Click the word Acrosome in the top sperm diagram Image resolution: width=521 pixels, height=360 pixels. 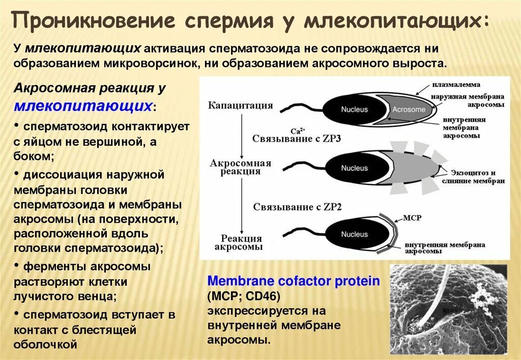coord(408,109)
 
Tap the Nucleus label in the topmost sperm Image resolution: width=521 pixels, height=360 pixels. coord(354,109)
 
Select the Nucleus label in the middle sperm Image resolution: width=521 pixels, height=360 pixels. coord(354,168)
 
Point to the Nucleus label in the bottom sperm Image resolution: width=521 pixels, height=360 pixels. coord(354,234)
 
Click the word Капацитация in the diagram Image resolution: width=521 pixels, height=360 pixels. coord(240,106)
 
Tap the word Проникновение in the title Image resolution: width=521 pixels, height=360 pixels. coord(94,22)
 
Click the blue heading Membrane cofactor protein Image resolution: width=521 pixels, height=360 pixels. coord(294,281)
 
